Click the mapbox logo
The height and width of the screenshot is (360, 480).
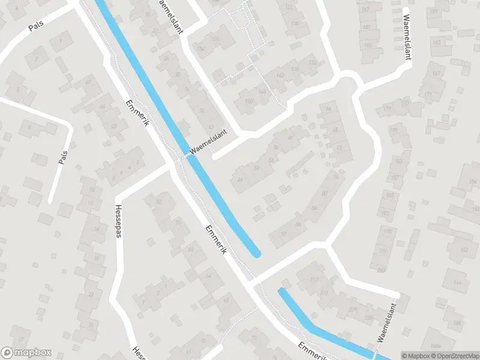tap(26, 353)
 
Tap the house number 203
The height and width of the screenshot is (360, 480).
tap(382, 270)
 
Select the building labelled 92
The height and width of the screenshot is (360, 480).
tap(159, 202)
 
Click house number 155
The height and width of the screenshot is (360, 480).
tap(367, 46)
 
